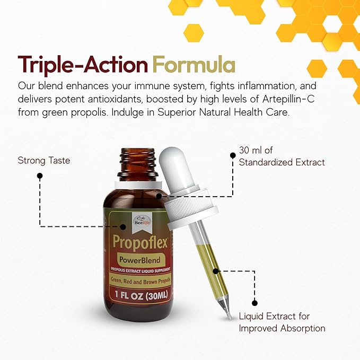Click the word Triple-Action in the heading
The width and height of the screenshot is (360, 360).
[83, 65]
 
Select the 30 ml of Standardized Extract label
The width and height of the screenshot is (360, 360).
[282, 157]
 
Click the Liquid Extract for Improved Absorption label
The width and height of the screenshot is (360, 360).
[282, 323]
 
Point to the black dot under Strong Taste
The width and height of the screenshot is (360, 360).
[40, 178]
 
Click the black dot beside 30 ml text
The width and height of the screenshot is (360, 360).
[232, 156]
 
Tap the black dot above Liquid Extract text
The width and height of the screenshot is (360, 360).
[255, 303]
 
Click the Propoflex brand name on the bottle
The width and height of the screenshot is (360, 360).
[140, 242]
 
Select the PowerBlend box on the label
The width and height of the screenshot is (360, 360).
[140, 261]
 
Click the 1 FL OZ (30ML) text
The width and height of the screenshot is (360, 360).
[140, 295]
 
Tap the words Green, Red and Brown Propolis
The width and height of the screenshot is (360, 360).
[140, 280]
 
